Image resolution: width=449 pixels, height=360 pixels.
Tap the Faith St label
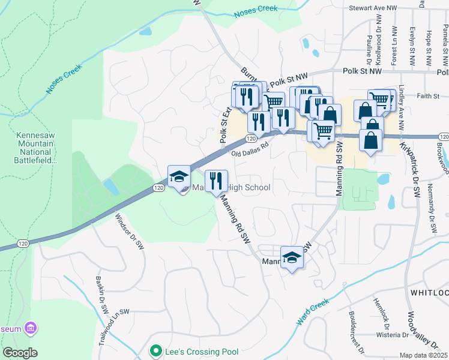428,95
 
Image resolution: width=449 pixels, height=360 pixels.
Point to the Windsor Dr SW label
129,232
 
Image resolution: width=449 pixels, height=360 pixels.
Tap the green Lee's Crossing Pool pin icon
156,351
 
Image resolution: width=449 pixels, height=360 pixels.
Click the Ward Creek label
313,313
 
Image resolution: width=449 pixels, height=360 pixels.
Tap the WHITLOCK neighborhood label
429,292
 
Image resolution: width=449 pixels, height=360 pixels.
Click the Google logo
20,352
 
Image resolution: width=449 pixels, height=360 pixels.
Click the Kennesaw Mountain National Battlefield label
37,148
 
